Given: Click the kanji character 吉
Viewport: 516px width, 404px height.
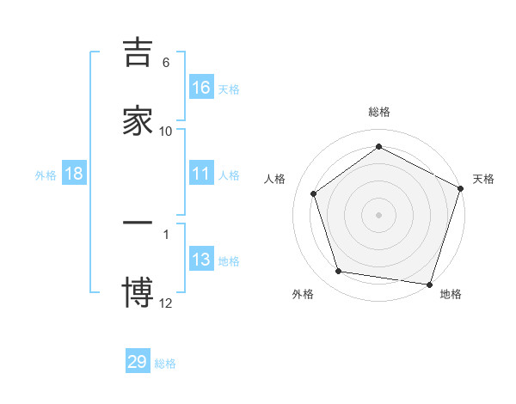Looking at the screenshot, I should coord(138,53).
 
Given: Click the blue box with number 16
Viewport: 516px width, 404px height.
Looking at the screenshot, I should coord(201,88).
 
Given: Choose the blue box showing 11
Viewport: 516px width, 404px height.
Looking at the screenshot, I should coord(201,174).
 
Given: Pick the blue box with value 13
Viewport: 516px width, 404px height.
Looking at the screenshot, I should coord(201,260).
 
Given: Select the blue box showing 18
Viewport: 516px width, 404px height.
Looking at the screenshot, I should coord(74,174).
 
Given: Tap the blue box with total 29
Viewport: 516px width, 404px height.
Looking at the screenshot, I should coord(138,362).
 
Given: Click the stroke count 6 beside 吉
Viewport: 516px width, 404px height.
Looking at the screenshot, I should coord(166,63).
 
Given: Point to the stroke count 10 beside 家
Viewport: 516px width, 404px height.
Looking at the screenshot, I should coord(166,132).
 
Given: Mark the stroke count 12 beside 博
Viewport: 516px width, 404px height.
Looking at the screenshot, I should coord(166,303).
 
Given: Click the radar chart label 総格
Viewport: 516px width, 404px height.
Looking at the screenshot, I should coord(379,113).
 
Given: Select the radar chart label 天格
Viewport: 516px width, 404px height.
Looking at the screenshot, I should coord(483,179).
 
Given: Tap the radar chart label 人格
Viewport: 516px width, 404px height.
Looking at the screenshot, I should coord(275,179).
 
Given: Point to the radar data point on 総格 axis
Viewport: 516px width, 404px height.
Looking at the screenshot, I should coord(379,147).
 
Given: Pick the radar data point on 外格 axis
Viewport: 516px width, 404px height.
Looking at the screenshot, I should coord(339,272).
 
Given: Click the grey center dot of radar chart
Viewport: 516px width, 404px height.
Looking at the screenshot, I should coord(379,214).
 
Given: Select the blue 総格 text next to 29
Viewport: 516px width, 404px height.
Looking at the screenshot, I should coord(165,364).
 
